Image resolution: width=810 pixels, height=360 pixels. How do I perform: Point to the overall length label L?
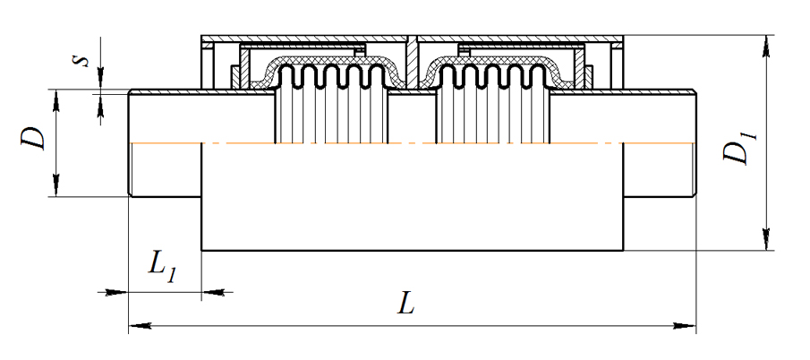point(406,304)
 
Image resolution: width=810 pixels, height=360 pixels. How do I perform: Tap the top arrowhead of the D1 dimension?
point(766,45)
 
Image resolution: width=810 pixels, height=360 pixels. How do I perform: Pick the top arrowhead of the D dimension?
point(56,99)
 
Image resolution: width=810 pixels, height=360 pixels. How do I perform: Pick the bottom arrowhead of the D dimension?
point(56,187)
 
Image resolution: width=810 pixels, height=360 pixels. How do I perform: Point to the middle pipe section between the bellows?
point(411,116)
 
